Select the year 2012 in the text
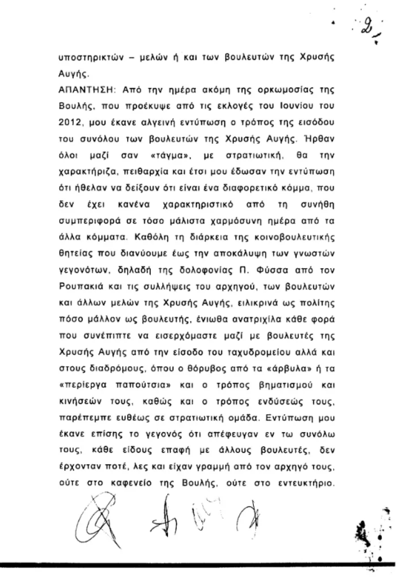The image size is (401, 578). pyautogui.click(x=70, y=122)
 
